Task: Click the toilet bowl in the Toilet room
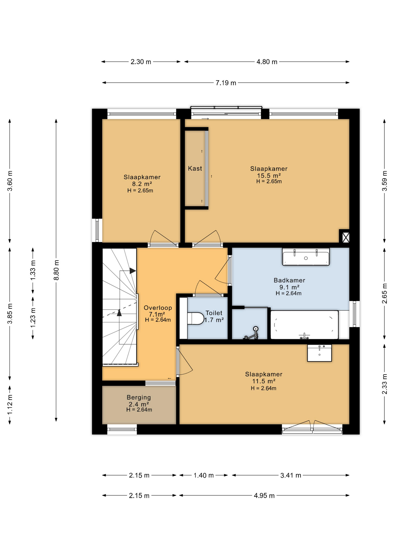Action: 196,318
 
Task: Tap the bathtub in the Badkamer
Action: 304,325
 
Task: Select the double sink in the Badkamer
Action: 306,256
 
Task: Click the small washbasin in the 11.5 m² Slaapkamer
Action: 319,353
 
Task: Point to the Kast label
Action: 195,168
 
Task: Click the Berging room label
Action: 139,397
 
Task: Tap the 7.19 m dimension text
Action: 226,83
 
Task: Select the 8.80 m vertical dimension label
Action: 56,270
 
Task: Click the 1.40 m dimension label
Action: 204,475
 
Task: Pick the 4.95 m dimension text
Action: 264,495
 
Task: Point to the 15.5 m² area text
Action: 269,176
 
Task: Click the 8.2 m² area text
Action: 142,184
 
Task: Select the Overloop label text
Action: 158,308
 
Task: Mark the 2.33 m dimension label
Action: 384,384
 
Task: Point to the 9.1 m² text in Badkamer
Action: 289,287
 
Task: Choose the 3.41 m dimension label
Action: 291,475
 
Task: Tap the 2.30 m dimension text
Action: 141,62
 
